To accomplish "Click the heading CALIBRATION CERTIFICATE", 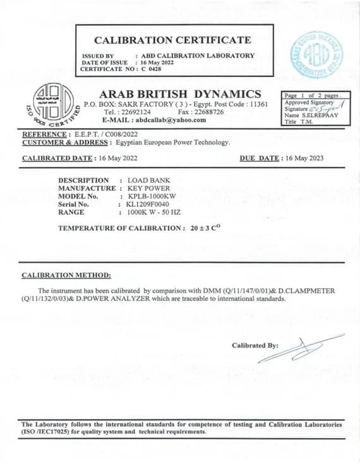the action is pyautogui.click(x=174, y=40).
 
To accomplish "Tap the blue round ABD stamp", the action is pyautogui.click(x=316, y=55).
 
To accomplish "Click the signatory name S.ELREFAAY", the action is pyautogui.click(x=321, y=115).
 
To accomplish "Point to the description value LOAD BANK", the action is pyautogui.click(x=149, y=180).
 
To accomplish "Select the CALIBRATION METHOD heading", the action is pyautogui.click(x=66, y=275).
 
